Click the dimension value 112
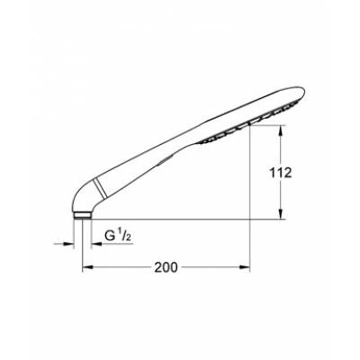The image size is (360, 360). [281, 175]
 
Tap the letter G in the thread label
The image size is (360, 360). [111, 237]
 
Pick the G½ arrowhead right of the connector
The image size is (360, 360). [91, 243]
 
